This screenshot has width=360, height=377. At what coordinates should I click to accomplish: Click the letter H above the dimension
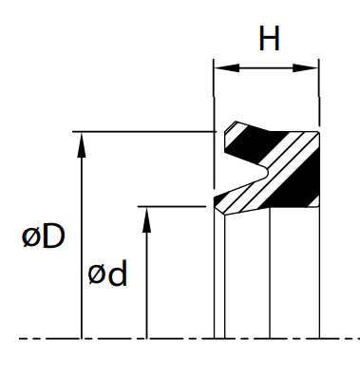(x=270, y=38)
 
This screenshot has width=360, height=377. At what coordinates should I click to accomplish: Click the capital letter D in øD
(x=53, y=236)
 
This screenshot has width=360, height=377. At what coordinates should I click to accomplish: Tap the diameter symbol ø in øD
(x=30, y=238)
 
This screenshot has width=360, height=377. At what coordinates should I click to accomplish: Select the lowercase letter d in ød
(x=118, y=273)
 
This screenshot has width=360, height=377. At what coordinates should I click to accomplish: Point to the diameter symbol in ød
(x=96, y=274)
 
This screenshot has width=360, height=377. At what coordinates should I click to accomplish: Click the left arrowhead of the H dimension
(x=227, y=67)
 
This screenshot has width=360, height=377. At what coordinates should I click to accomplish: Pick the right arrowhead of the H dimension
(x=305, y=67)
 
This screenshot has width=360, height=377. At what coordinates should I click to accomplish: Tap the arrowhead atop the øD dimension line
(x=82, y=144)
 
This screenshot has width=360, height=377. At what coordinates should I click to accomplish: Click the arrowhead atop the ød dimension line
(x=146, y=220)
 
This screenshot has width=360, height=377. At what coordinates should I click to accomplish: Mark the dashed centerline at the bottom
(x=189, y=339)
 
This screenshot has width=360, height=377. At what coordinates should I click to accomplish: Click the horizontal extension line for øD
(x=144, y=131)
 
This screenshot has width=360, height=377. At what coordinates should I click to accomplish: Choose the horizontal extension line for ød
(x=172, y=206)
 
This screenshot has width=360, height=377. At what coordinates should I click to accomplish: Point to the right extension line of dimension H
(x=319, y=92)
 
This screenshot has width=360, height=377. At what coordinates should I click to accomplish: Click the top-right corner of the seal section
(x=318, y=132)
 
